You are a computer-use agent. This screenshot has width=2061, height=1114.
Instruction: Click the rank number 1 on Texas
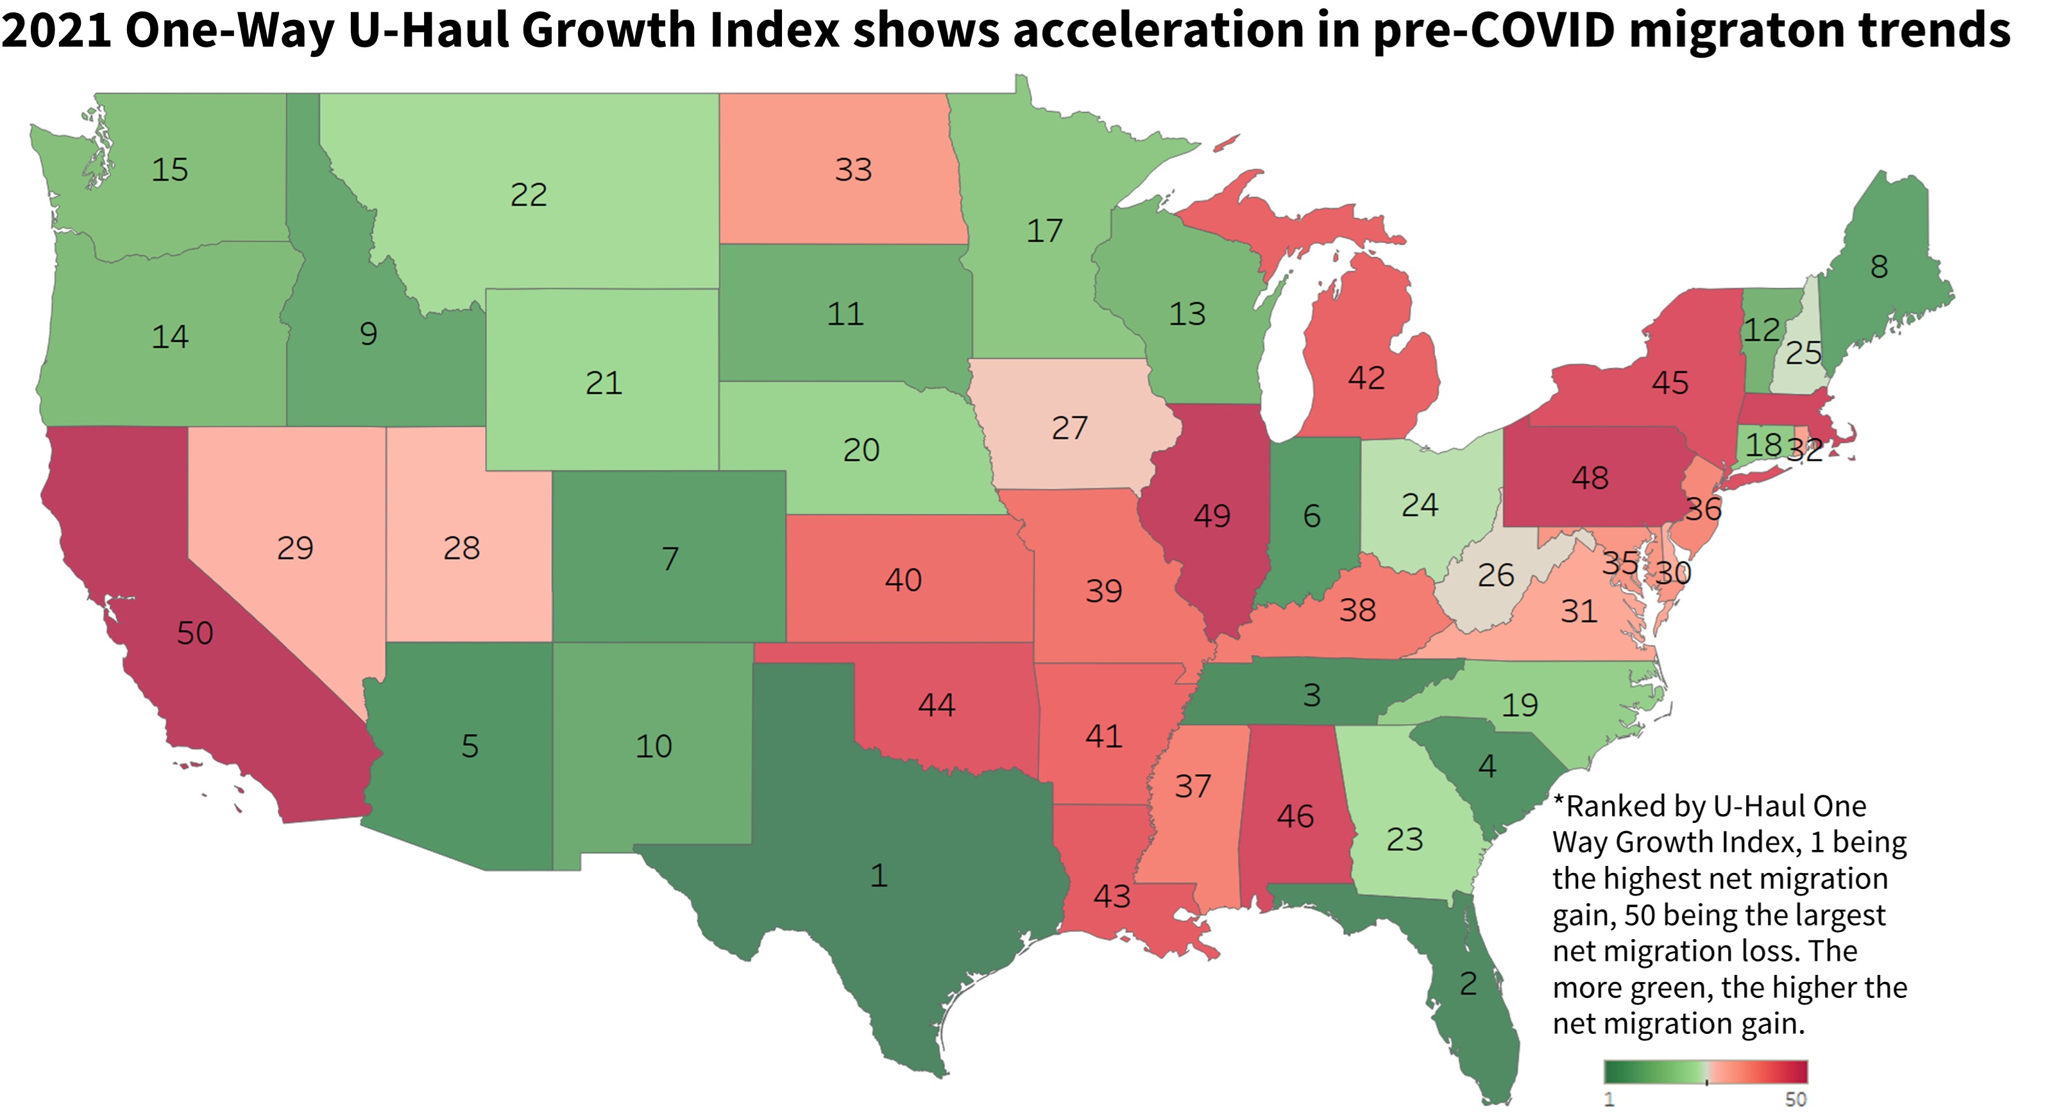point(879,876)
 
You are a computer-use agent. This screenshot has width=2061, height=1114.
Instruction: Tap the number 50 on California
point(195,633)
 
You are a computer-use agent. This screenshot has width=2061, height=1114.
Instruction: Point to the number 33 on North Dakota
point(853,170)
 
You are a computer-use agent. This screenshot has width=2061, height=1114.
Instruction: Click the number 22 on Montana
point(529,194)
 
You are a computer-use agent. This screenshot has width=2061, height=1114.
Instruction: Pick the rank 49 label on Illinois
point(1212,516)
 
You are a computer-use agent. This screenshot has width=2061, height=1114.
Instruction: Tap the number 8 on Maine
point(1879,266)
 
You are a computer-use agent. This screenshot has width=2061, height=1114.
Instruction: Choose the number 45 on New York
point(1670,383)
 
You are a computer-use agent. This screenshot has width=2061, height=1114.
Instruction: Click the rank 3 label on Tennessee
point(1311,695)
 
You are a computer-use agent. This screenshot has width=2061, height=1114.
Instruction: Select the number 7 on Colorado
point(670,558)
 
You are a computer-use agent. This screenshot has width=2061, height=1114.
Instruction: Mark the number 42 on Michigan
point(1366,378)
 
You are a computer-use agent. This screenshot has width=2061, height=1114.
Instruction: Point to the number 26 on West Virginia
point(1495,575)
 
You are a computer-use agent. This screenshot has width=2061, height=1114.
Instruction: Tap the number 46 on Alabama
point(1295,816)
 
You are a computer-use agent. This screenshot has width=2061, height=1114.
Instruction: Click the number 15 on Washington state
point(169,170)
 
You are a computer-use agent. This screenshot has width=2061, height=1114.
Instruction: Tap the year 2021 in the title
point(56,30)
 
